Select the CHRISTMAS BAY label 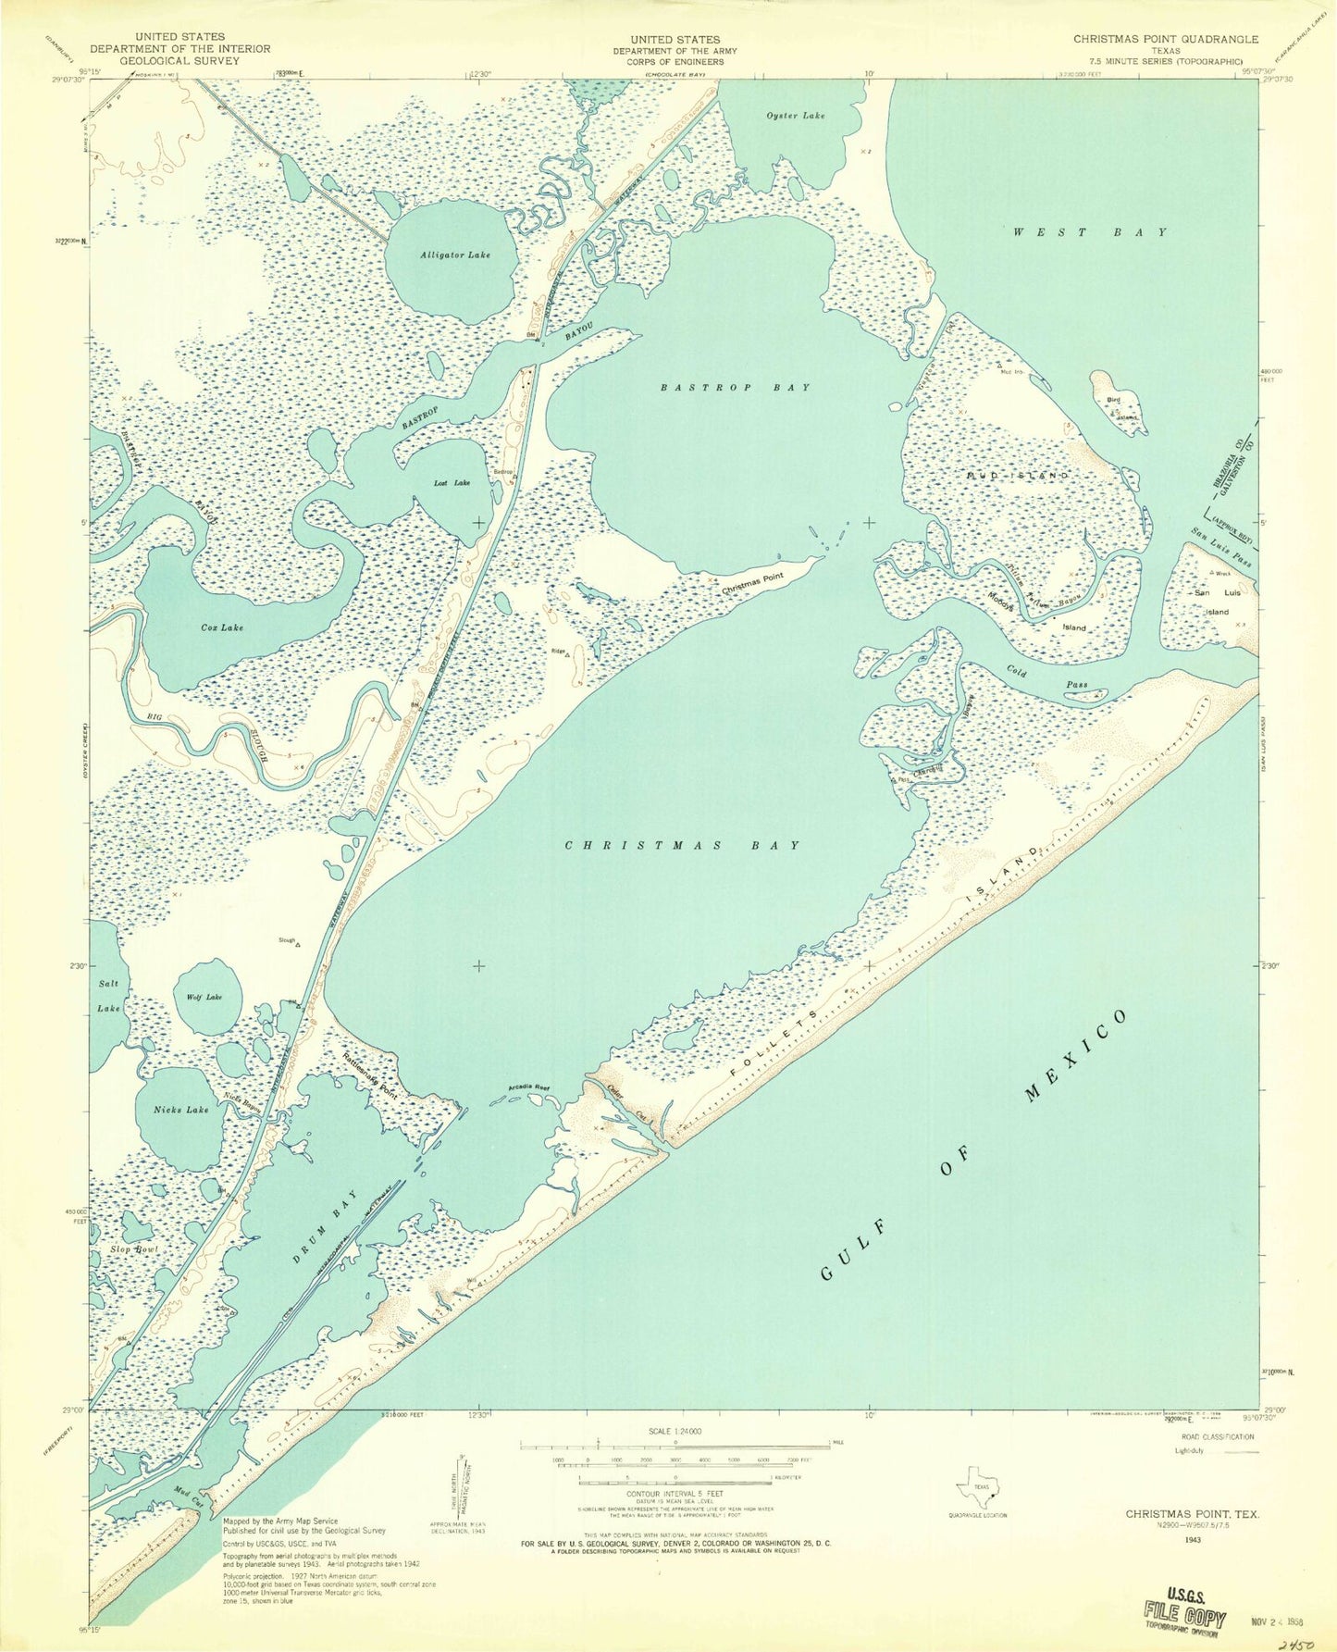point(682,845)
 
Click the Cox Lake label point(222,627)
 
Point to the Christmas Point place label point(751,576)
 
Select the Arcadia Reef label point(529,1087)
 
